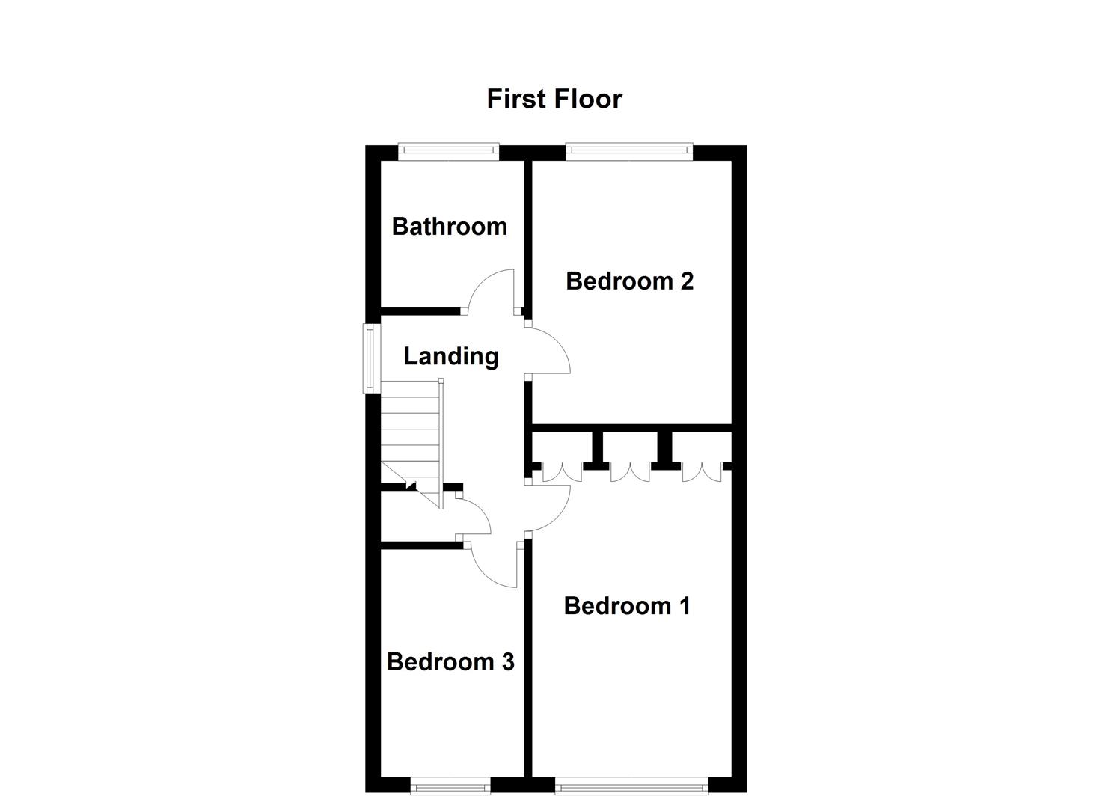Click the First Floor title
[554, 99]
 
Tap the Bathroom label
[450, 227]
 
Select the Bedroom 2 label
[629, 281]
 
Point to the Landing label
[451, 357]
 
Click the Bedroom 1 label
[627, 606]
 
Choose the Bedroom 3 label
[450, 661]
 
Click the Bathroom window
[448, 152]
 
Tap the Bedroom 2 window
[629, 152]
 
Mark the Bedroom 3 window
[450, 800]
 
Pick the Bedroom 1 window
[632, 800]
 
